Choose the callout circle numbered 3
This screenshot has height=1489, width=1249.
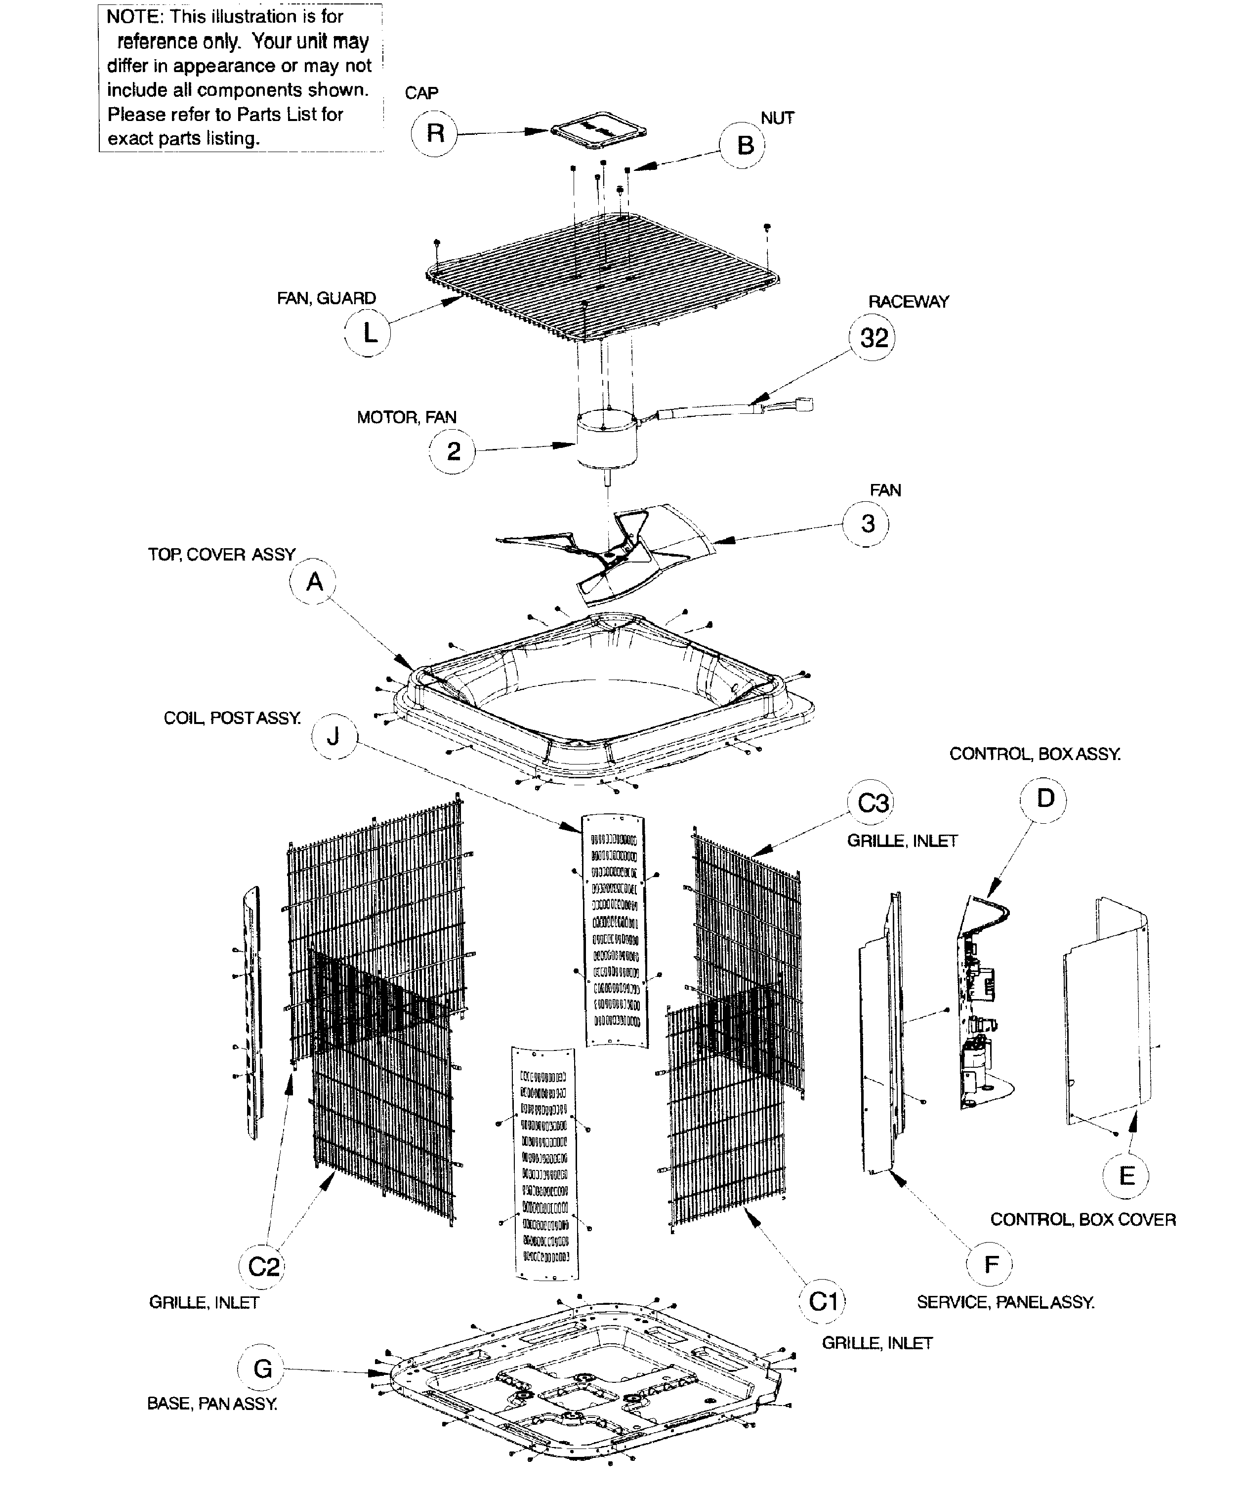coord(867,523)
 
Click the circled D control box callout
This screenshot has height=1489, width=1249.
coord(1045,799)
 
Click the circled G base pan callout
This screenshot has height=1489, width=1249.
coord(262,1368)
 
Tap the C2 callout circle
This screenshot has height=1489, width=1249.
coord(263,1266)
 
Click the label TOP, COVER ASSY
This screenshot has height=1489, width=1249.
coord(221,555)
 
